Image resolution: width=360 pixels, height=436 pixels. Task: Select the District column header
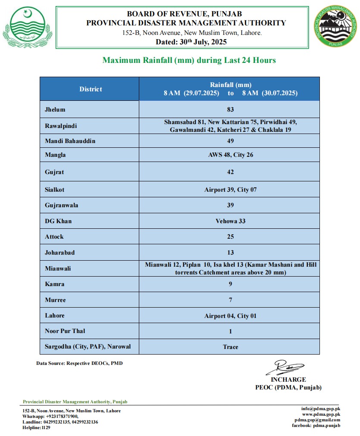coord(91,89)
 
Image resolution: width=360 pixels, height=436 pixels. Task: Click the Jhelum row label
coord(55,109)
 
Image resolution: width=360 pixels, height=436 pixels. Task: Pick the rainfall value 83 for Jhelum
coord(230,109)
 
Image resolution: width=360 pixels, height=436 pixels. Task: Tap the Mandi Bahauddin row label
coord(70,141)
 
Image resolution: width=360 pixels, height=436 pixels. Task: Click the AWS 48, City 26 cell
coord(230,155)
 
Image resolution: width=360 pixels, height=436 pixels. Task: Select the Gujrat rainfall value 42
coord(230,172)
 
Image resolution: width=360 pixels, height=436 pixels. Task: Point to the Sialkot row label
coord(55,190)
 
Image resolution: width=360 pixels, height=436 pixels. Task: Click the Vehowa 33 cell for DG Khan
coord(230,221)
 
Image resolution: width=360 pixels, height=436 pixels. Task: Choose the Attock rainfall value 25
coord(230,237)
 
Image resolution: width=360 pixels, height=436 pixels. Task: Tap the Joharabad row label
coord(59,252)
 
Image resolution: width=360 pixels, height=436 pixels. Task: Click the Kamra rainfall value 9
coord(230,284)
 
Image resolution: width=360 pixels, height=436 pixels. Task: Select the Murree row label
coord(55,300)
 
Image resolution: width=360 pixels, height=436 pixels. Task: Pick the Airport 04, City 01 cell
coord(230,316)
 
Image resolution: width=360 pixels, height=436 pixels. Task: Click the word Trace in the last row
coord(230,347)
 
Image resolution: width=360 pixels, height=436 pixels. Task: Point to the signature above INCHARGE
coord(285,367)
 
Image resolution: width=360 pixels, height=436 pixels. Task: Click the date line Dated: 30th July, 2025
coord(191,42)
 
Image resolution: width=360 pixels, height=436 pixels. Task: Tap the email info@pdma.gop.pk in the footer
coord(321,408)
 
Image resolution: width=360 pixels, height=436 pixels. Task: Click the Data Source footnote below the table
coord(79,364)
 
